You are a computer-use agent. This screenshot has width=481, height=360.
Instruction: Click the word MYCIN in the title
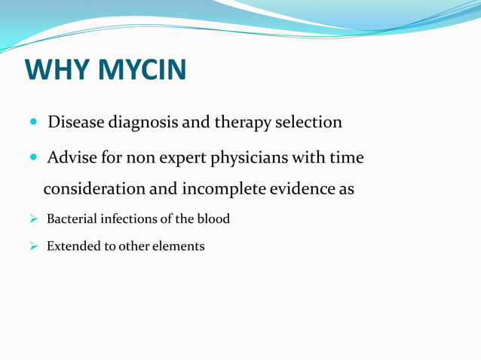143,70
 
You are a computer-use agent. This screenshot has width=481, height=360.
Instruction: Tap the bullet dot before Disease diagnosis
35,122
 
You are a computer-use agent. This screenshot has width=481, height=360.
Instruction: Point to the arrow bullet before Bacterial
34,219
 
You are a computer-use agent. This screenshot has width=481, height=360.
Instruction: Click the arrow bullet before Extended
34,246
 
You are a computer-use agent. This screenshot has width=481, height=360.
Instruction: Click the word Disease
76,122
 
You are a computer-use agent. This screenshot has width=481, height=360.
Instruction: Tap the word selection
310,122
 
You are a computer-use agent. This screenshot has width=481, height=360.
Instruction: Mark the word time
346,158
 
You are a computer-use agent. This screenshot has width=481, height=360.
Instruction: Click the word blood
213,219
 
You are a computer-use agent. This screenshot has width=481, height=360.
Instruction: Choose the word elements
179,246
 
